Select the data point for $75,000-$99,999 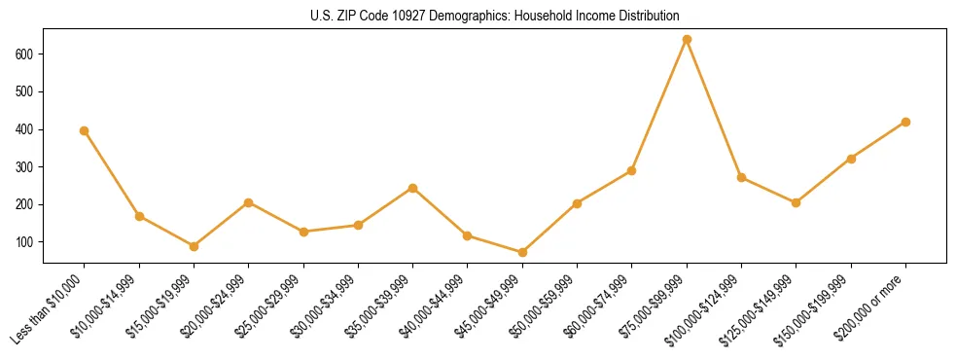tap(687, 40)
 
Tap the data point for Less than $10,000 tap(85, 130)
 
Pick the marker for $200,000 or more tap(905, 122)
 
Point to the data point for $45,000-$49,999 tap(522, 252)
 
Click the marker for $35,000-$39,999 tap(413, 188)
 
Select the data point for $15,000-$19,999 tap(194, 246)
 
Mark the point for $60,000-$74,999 tap(632, 170)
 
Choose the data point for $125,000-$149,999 tap(796, 202)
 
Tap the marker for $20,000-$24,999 tap(249, 202)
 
